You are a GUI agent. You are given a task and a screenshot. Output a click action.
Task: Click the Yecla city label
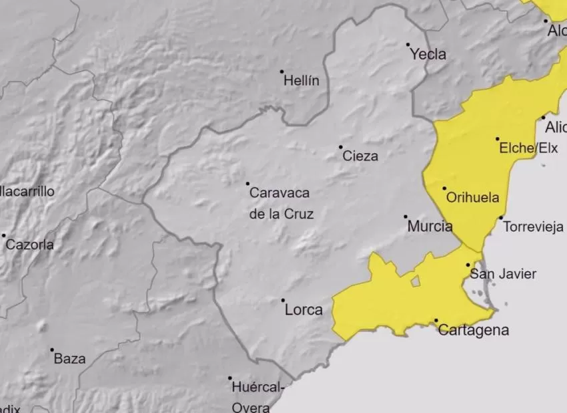(428, 55)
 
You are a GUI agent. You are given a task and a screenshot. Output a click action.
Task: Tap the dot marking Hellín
(281, 72)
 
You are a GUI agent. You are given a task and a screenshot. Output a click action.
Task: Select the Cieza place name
(360, 156)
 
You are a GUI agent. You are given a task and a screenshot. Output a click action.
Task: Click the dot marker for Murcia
(405, 217)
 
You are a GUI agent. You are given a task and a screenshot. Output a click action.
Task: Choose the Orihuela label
(472, 198)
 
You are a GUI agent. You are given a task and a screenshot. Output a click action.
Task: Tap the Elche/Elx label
(528, 148)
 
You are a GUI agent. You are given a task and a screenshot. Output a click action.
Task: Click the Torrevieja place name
(533, 227)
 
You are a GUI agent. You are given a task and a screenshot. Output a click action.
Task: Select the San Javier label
(503, 274)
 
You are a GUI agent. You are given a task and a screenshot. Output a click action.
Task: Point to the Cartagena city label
(474, 330)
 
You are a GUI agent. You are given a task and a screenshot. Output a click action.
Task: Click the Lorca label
(304, 310)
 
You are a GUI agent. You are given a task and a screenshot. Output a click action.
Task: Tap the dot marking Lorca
(283, 301)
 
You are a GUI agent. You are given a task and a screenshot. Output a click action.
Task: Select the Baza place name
(69, 359)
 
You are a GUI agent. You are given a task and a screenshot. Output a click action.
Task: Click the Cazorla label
(30, 245)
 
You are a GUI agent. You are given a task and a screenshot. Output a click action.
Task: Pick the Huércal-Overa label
(257, 397)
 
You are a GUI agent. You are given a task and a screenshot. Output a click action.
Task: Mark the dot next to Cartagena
(436, 321)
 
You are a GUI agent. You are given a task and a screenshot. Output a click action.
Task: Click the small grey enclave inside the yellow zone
(416, 281)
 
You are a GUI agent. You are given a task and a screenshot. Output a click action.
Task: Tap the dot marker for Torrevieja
(501, 217)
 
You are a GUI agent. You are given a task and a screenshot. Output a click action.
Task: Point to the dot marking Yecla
(408, 45)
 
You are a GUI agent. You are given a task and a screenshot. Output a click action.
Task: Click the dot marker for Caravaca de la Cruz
(247, 183)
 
